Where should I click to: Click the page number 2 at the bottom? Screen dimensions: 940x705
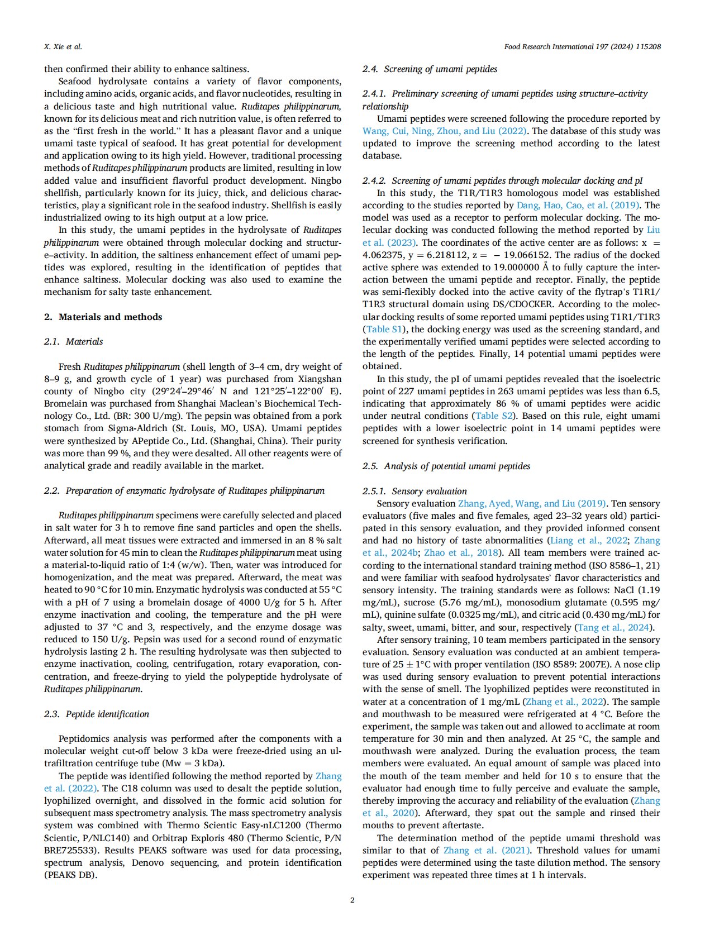pyautogui.click(x=352, y=900)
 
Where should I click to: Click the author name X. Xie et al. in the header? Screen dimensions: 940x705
pyautogui.click(x=63, y=47)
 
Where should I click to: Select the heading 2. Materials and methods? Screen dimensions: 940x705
pyautogui.click(x=103, y=317)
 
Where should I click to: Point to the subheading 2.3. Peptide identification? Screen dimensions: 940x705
pyautogui.click(x=97, y=714)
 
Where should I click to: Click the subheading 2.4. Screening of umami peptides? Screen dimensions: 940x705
pyautogui.click(x=430, y=69)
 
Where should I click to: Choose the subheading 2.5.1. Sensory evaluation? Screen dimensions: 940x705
pyautogui.click(x=415, y=491)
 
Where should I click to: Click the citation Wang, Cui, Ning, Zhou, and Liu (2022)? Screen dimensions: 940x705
pyautogui.click(x=444, y=131)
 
